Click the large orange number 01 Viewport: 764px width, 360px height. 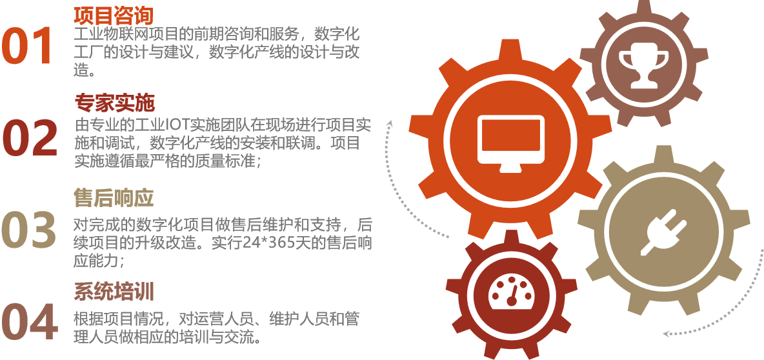27,46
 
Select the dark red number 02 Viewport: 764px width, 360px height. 30,138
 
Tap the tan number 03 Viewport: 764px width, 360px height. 29,230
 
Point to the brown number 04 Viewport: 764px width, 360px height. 30,321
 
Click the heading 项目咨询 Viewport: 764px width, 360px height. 114,15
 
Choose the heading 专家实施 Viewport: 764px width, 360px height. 114,103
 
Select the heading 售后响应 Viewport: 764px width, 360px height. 114,198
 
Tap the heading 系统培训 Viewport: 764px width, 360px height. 114,292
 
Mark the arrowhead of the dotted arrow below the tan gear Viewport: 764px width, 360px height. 667,334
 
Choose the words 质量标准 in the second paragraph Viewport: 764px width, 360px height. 226,161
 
